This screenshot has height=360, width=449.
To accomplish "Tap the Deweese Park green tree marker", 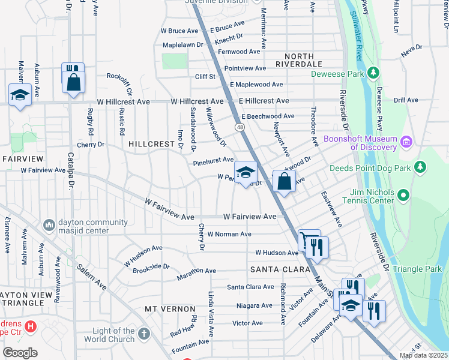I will point(373,73).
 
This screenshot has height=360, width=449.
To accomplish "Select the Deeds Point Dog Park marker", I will point(421,167).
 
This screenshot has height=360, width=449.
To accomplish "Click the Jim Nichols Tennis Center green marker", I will point(403,195).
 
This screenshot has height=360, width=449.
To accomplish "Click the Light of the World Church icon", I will point(143,333).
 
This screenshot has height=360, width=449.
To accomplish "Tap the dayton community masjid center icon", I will point(49,225).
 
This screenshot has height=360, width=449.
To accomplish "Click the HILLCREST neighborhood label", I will point(150,144).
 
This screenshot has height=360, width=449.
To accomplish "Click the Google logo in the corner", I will point(20,353).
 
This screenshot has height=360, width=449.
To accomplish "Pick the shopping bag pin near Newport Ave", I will point(284,181).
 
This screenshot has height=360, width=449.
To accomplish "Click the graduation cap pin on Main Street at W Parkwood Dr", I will point(245,173).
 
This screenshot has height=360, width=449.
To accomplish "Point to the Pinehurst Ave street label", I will point(213,161).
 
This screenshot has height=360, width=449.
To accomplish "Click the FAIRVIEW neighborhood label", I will point(23,159).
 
